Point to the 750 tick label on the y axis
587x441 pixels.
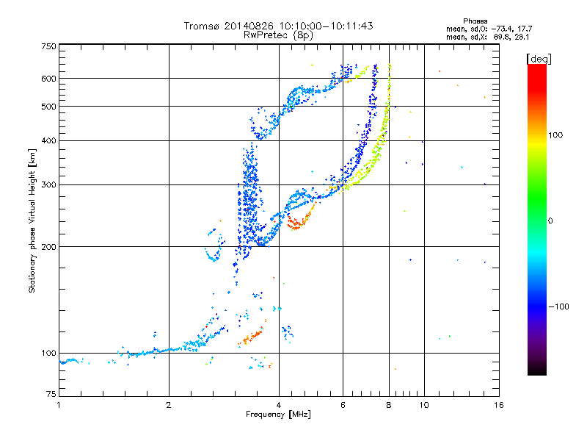pos(49,46)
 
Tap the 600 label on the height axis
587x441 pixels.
pos(49,79)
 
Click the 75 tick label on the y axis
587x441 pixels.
pos(51,394)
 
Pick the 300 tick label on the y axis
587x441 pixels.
pos(49,185)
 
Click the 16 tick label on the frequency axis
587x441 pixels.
pos(499,405)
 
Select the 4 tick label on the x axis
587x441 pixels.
pos(279,405)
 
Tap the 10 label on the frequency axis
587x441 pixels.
pos(424,405)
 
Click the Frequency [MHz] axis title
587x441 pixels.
pos(278,415)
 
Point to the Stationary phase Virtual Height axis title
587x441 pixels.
pos(32,221)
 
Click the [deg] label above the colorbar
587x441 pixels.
pos(539,60)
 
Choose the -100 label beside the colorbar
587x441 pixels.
pos(558,306)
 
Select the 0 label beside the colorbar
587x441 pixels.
pos(550,221)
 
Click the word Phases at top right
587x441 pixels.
pos(475,21)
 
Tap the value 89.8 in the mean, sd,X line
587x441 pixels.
pos(502,37)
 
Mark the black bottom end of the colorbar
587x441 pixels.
pos(537,372)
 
